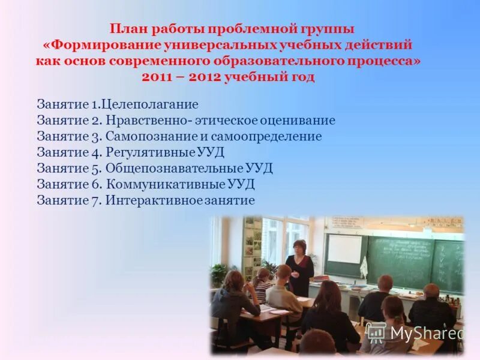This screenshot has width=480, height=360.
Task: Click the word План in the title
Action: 128,28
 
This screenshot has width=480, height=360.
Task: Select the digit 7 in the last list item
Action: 95,200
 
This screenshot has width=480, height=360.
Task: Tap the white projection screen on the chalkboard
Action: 344,249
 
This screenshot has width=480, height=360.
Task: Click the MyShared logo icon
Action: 376,332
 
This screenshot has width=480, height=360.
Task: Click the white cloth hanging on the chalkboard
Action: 363,266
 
